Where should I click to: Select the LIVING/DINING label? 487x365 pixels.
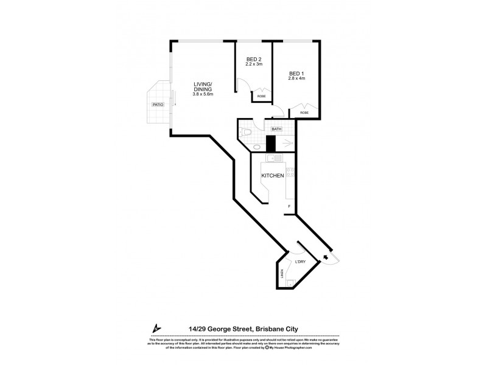pos(203,87)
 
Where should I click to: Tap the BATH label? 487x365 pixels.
pos(276,129)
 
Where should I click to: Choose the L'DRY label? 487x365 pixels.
pos(300,262)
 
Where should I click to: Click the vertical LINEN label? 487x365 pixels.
pos(282,274)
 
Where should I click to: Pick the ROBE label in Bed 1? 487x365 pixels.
pos(303,113)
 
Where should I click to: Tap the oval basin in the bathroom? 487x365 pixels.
pos(256,147)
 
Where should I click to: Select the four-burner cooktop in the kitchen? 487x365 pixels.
pos(291,173)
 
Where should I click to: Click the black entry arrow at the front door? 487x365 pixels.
pos(326,258)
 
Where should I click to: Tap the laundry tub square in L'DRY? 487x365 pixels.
pos(292,283)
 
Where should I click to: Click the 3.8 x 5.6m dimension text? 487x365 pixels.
pos(203,95)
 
